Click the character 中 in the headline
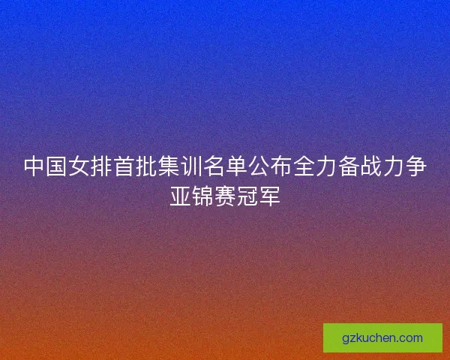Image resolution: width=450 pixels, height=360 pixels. coord(34,166)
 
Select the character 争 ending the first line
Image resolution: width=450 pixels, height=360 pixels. coord(416,166)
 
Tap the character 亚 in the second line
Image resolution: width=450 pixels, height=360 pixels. coord(180,195)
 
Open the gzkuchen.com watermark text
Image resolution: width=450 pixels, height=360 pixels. coord(382,337)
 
